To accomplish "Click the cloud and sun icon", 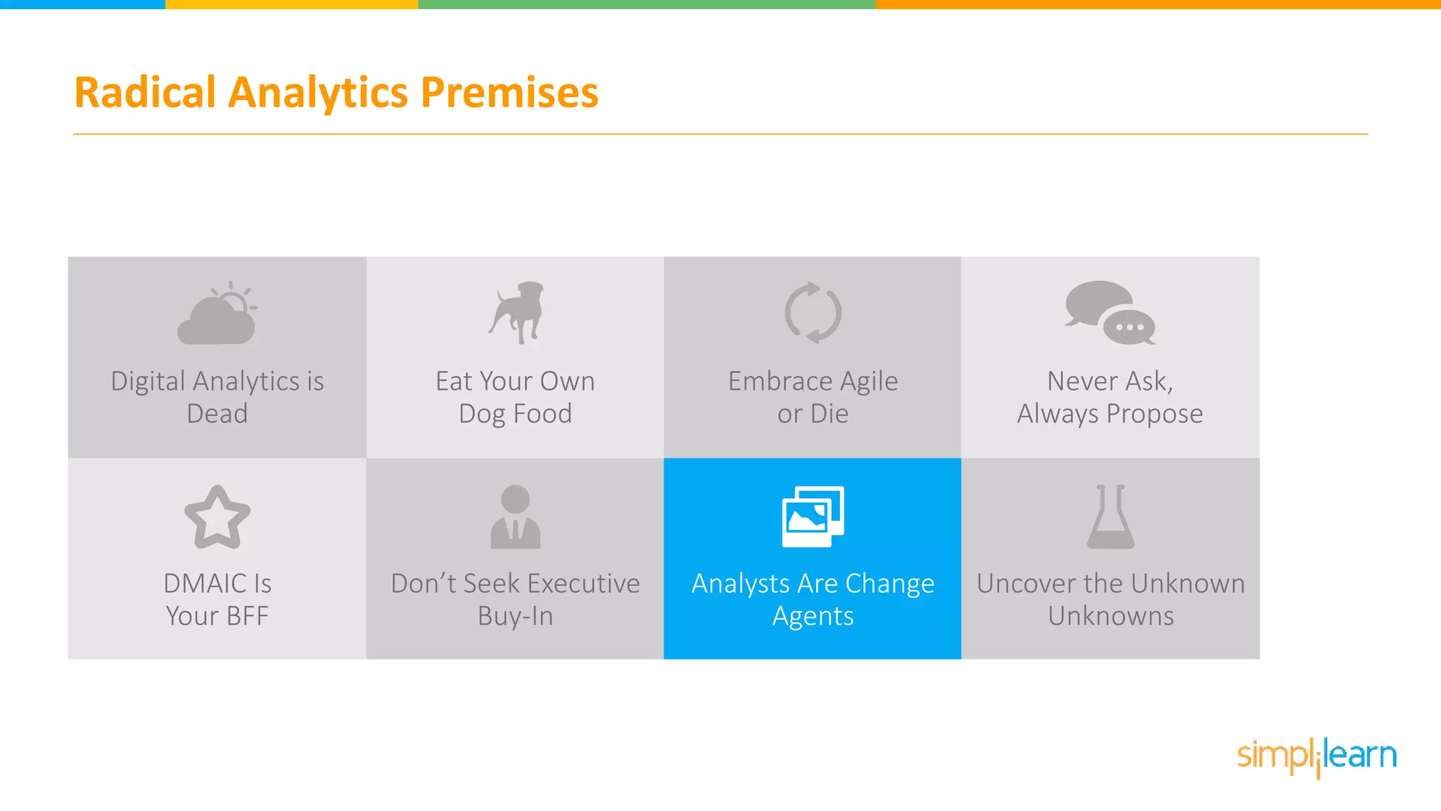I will [x=217, y=314].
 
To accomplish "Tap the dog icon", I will [x=517, y=313].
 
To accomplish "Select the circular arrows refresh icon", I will [x=813, y=313].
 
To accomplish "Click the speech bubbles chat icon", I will [x=1110, y=313].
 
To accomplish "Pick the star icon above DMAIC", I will [x=217, y=517].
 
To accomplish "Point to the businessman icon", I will [x=515, y=517].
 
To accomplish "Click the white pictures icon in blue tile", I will [x=813, y=516].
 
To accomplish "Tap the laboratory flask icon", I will [x=1110, y=517].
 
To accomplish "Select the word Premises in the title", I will [x=509, y=92].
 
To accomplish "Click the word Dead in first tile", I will [x=217, y=414].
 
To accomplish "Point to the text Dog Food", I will [x=515, y=414].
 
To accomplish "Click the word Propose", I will [x=1154, y=414].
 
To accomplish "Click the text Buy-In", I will [x=515, y=616].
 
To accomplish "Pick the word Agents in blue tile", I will [x=813, y=617].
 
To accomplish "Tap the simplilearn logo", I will [x=1316, y=756].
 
